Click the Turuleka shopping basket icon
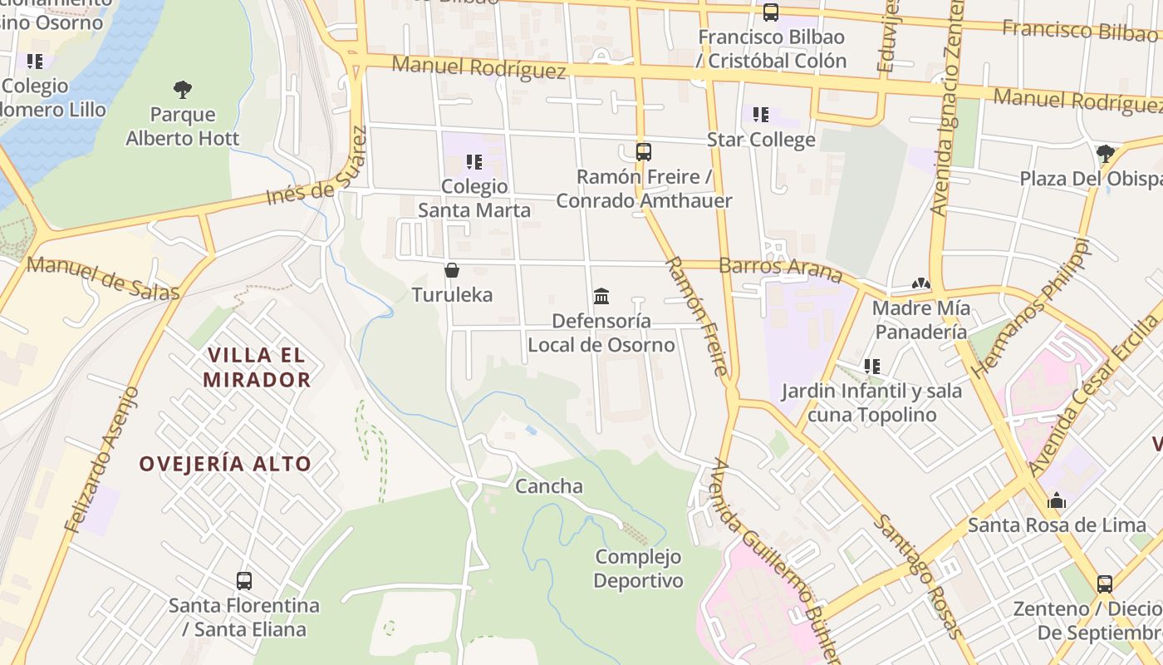coord(452,270)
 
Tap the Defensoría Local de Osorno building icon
coord(601,296)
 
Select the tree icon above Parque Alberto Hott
coord(183,90)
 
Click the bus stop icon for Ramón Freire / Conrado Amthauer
coord(644,152)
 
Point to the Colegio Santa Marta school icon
coord(474,161)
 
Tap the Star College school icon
coord(761,115)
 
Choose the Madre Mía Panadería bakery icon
coord(920,284)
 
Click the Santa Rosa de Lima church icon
coord(1057,500)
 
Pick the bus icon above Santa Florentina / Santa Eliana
coord(244,581)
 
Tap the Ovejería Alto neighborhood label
coord(225,464)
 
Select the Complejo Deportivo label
coord(638,569)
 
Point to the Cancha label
coord(549,486)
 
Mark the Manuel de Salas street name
coord(103,278)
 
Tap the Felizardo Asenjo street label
coord(101,459)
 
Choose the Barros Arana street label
coord(780,268)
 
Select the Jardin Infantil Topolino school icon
coord(871,366)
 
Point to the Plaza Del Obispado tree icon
coord(1105,154)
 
